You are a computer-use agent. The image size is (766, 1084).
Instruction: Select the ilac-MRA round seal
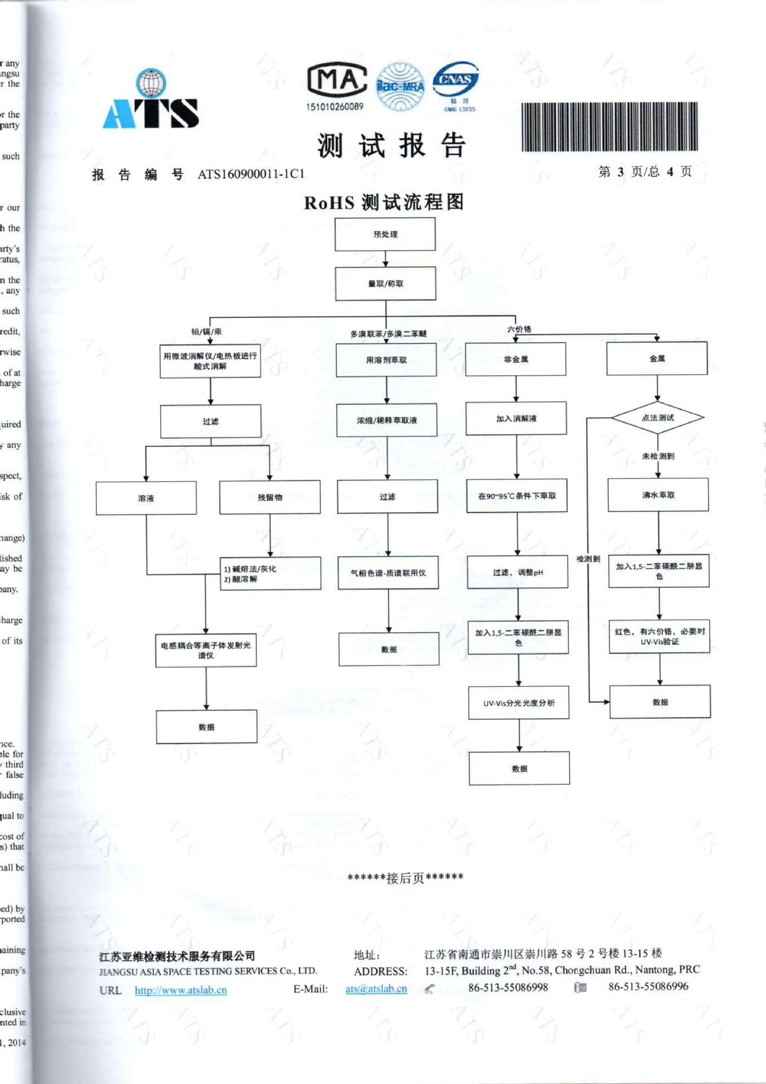pos(400,86)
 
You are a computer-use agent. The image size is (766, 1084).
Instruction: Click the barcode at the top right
pos(609,127)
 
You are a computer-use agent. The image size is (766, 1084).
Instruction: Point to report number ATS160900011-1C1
pos(251,174)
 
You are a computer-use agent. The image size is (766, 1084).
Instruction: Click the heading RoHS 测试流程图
pos(384,202)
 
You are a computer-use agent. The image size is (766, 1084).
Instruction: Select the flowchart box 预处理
pos(385,234)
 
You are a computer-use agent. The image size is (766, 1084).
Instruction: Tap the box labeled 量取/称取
pos(385,283)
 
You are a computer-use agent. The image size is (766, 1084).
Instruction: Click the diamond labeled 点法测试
pos(658,418)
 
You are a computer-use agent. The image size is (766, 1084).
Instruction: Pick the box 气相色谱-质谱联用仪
pos(388,572)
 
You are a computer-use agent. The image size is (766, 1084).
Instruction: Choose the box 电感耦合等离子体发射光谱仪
pos(206,650)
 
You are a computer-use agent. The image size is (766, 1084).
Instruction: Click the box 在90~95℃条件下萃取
pos(517,496)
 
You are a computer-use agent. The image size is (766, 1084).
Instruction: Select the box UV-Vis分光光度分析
pos(519,703)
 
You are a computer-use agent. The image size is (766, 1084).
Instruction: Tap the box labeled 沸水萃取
pos(658,495)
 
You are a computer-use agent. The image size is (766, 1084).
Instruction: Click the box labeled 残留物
pos(270,497)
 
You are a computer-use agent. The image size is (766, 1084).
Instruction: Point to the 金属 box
pos(657,359)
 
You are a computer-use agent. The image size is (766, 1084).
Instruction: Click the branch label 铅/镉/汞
pos(206,331)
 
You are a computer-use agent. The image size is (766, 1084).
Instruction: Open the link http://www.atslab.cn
pos(181,990)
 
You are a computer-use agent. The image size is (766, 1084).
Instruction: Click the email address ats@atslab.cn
pos(376,989)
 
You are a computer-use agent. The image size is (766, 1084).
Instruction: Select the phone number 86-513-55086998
pos(508,987)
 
